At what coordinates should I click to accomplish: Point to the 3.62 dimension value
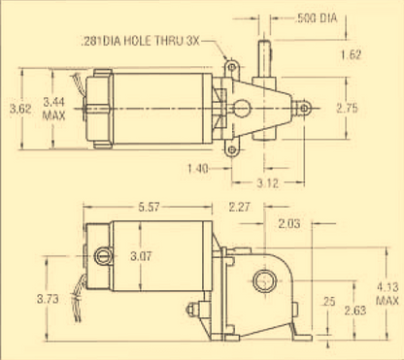click(x=19, y=109)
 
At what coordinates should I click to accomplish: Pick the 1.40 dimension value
click(x=198, y=168)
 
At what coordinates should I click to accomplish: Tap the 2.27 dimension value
click(x=239, y=207)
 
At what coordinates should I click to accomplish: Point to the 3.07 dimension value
click(x=142, y=256)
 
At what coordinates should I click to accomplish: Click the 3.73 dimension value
click(x=32, y=297)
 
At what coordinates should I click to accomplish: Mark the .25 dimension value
click(x=328, y=302)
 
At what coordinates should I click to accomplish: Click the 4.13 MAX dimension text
click(x=385, y=293)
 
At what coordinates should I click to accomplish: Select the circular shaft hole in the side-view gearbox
click(x=263, y=283)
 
